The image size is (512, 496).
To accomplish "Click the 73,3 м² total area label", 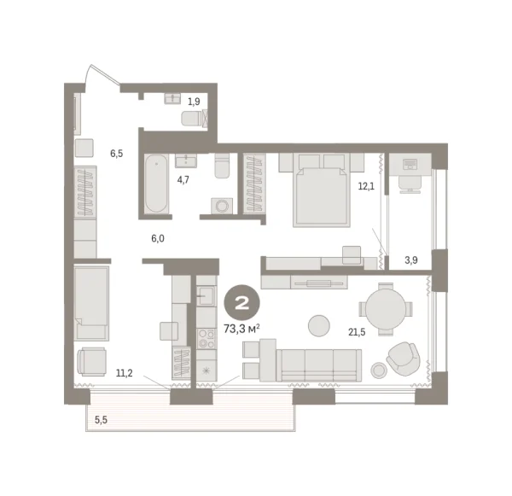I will coord(241,328).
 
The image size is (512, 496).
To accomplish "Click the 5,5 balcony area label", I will coord(102,419).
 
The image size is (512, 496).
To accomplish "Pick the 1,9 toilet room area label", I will coord(195,102).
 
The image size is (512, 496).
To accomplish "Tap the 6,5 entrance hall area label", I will coord(117,154).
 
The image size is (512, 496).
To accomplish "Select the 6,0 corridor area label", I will coord(158,239).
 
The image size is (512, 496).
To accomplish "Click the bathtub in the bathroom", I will coord(156,184).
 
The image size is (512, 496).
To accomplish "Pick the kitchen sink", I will coord(206,296).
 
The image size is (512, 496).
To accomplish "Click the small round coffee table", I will coord(319,325).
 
